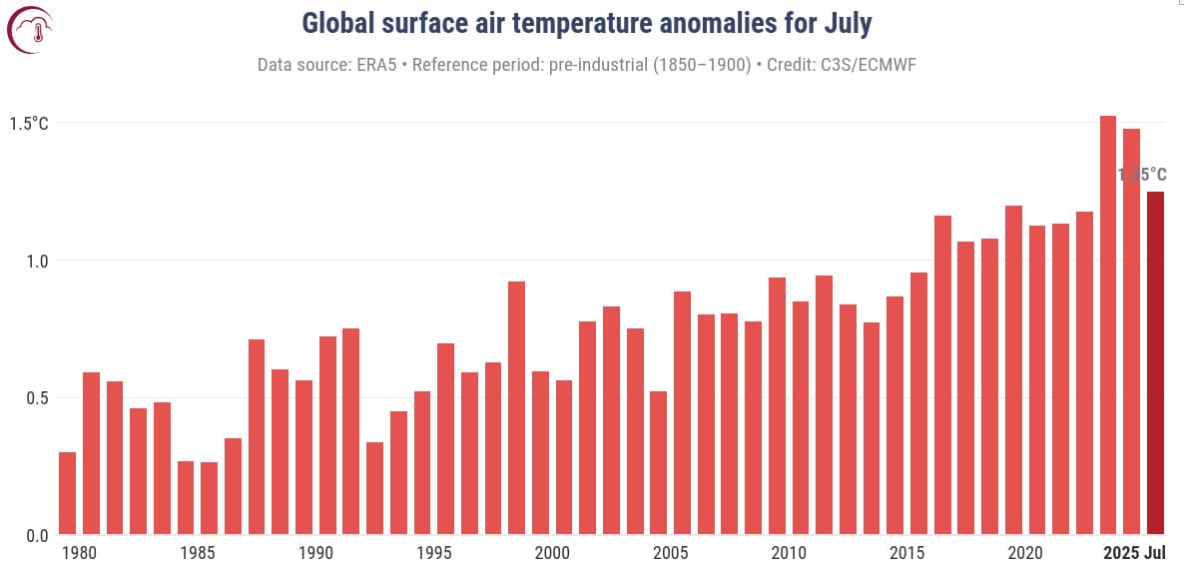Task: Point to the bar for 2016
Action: pyautogui.click(x=942, y=374)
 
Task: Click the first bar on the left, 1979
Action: pyautogui.click(x=68, y=493)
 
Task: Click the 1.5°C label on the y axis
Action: pyautogui.click(x=29, y=124)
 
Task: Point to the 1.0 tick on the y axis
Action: pyautogui.click(x=36, y=261)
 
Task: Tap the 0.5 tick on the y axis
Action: pyautogui.click(x=36, y=398)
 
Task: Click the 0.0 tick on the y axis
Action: pyautogui.click(x=36, y=536)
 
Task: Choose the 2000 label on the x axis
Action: pyautogui.click(x=552, y=553)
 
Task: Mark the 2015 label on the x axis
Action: pyautogui.click(x=906, y=553)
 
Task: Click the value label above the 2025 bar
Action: pyautogui.click(x=1142, y=175)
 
